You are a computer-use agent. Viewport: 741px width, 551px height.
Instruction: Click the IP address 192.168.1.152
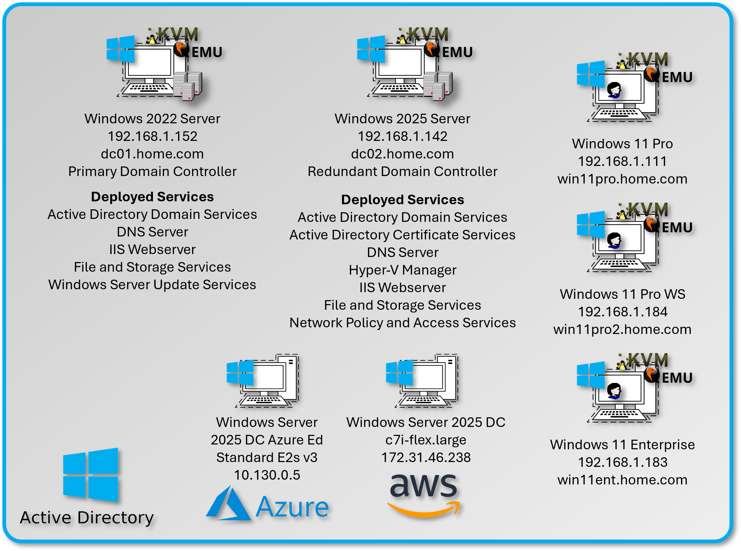point(152,136)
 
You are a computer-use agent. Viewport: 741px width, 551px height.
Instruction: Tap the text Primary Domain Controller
point(152,172)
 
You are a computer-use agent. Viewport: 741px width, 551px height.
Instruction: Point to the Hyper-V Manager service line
point(402,270)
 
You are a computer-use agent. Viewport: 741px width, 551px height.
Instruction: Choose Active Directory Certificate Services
point(402,235)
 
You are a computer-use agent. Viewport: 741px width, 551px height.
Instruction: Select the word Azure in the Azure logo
point(292,507)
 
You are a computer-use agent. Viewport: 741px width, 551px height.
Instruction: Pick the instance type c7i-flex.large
point(426,440)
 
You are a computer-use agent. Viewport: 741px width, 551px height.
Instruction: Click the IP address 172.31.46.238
point(426,458)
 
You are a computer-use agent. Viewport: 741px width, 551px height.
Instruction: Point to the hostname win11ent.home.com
point(622,480)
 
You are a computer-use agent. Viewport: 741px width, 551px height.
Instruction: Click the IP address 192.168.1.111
point(622,161)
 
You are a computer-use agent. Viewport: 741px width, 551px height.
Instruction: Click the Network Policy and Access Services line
point(402,323)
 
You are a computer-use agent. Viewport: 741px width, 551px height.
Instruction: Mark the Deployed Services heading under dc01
point(152,197)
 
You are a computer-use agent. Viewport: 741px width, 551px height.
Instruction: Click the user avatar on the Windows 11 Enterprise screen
point(614,391)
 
